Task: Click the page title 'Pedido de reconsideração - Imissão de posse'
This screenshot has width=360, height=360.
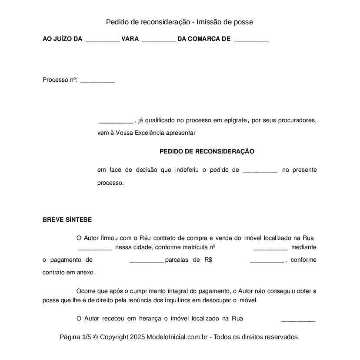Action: (x=180, y=22)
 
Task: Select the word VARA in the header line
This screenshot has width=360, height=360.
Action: (x=130, y=39)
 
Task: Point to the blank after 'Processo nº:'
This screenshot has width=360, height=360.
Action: (x=97, y=81)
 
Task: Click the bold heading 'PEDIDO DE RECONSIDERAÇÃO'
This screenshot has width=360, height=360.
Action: (x=207, y=152)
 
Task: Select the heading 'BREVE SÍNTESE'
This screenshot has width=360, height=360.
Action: (x=67, y=220)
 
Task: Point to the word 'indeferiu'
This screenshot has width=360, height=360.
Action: (x=187, y=170)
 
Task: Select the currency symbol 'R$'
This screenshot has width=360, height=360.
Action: (x=207, y=260)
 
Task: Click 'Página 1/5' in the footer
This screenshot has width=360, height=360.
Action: (x=75, y=337)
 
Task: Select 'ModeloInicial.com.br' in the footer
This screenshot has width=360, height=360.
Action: (x=179, y=337)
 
